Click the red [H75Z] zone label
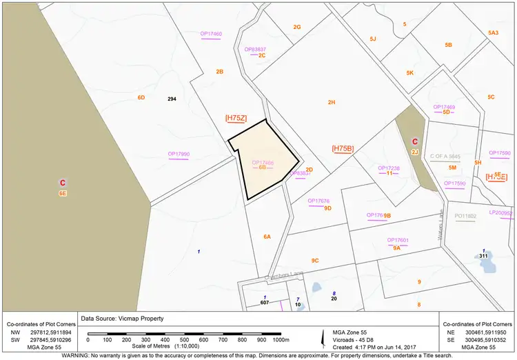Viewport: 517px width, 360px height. (236, 119)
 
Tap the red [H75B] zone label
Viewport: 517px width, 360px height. (343, 148)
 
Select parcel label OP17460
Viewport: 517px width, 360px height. (211, 34)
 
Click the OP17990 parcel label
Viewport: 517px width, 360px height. (179, 154)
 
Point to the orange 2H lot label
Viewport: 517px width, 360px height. (332, 102)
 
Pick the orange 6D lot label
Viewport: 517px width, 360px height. (141, 97)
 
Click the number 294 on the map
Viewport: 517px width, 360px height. (172, 99)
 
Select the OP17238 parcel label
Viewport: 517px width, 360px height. (389, 168)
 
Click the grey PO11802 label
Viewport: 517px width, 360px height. (465, 216)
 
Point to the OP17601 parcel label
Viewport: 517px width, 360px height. (398, 240)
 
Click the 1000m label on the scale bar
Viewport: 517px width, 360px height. (281, 340)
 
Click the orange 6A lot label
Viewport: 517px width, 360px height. (267, 237)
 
